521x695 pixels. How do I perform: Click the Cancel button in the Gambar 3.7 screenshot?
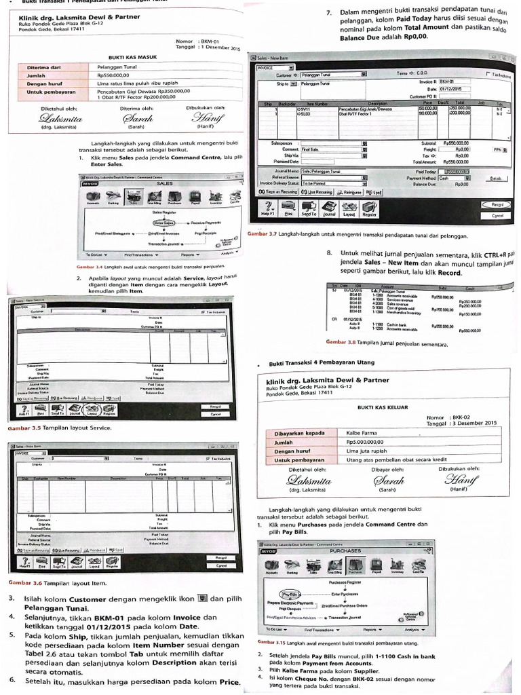(497, 215)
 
